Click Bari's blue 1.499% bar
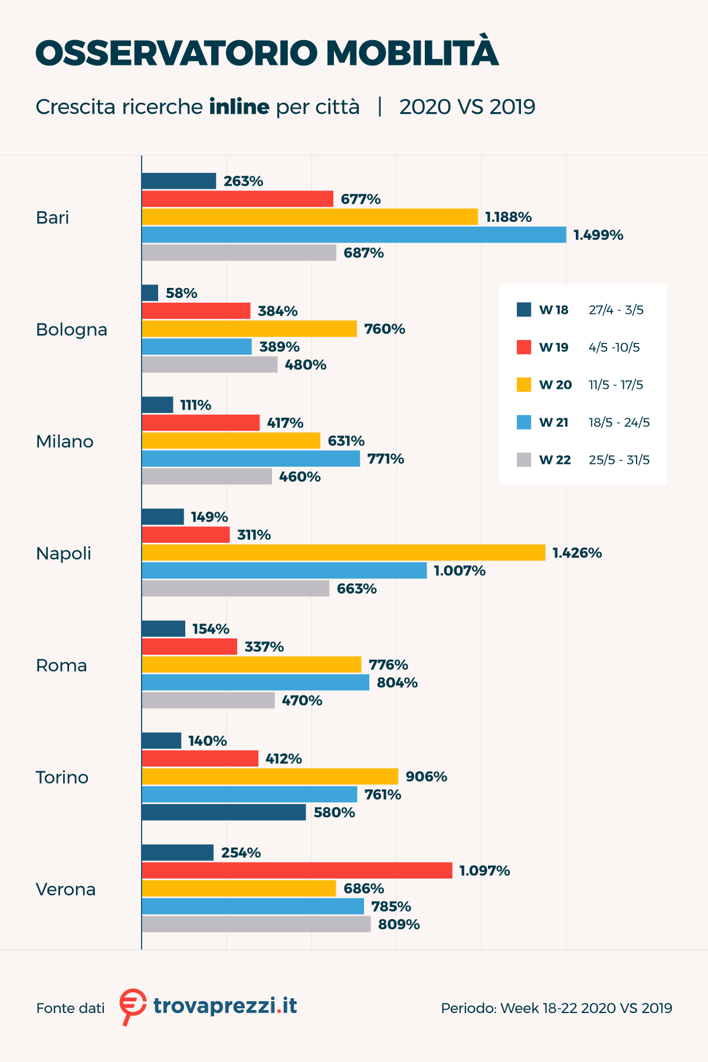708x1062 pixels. pos(354,235)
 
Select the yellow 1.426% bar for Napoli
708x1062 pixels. pos(343,553)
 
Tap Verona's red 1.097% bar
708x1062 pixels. pos(297,871)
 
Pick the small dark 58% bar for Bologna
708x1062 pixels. pos(150,293)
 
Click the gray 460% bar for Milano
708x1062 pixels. pos(206,477)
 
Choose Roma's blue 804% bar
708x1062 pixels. pos(255,683)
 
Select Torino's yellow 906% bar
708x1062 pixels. pos(270,776)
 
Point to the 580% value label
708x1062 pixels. pos(334,812)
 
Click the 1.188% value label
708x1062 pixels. pos(508,217)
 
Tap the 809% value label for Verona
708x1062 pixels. pos(399,925)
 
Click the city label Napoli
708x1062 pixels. pos(64,553)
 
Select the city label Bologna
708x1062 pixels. pos(71,329)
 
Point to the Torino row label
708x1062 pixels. pos(62,777)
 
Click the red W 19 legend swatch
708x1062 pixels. pos(524,348)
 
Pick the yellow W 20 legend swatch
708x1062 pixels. pos(524,385)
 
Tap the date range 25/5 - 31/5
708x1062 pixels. pos(619,460)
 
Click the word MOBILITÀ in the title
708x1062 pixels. pos(412,53)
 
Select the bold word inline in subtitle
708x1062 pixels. pos(239,107)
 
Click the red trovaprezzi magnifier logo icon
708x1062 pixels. pos(132,1005)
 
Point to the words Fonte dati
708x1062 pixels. pos(70,1008)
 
